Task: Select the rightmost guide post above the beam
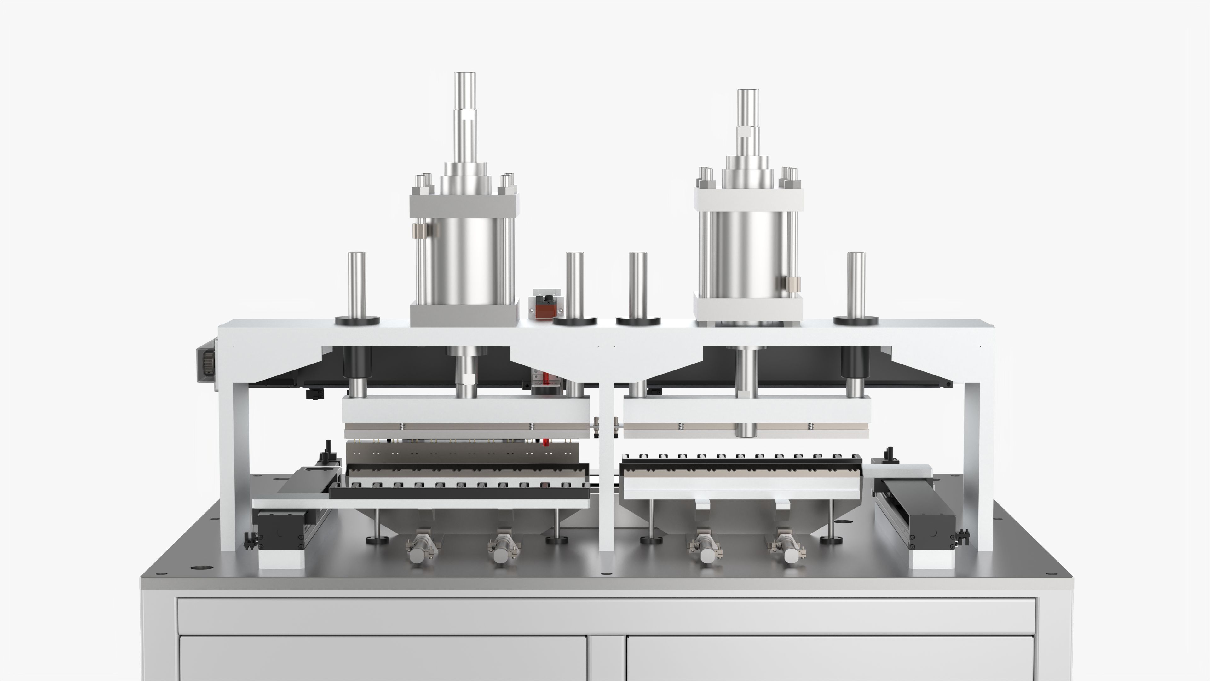[856, 284]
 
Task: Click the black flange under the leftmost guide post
[357, 321]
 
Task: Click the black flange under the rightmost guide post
[856, 321]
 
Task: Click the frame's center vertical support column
[607, 470]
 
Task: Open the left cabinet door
[383, 658]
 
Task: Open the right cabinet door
[832, 658]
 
